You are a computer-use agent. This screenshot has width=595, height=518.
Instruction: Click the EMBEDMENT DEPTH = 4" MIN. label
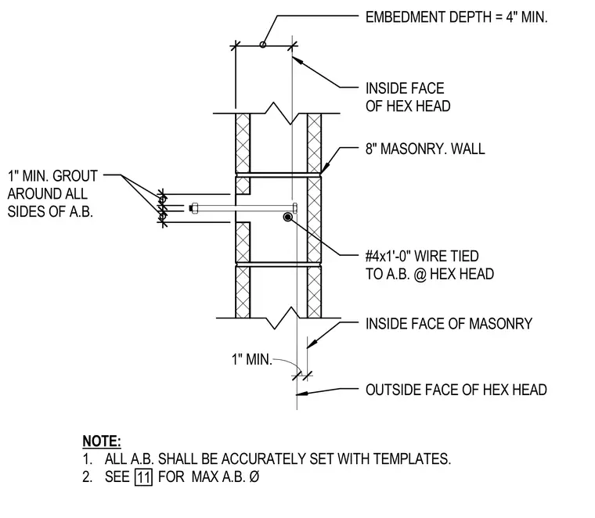pos(456,17)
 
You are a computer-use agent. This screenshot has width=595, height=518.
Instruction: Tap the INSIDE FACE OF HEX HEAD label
pos(408,97)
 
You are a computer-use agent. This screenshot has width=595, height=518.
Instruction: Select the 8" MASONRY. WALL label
pos(425,149)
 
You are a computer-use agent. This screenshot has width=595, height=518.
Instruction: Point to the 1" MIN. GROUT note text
pos(52,176)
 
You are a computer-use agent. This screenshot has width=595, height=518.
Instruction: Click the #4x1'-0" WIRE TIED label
pos(422,257)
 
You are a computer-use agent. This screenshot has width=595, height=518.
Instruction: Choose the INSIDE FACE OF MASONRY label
pos(449,323)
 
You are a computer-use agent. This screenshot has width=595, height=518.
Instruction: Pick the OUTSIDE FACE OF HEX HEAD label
pos(456,390)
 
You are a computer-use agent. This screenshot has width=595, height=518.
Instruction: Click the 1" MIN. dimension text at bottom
pos(252,359)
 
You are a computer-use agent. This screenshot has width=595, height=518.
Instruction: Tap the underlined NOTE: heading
pos(102,441)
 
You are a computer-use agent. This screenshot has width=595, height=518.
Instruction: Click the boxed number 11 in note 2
pos(143,477)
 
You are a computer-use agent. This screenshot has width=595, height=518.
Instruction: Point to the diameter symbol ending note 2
pos(254,477)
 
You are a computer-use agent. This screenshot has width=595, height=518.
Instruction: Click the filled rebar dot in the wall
pos(287,217)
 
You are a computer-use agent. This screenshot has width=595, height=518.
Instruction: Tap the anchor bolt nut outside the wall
pos(194,208)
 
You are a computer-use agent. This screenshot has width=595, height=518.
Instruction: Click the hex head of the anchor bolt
pos(295,208)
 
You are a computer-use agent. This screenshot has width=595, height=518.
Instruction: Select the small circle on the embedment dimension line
pos(262,45)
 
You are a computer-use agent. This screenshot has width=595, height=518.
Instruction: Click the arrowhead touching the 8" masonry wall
pos(323,169)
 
